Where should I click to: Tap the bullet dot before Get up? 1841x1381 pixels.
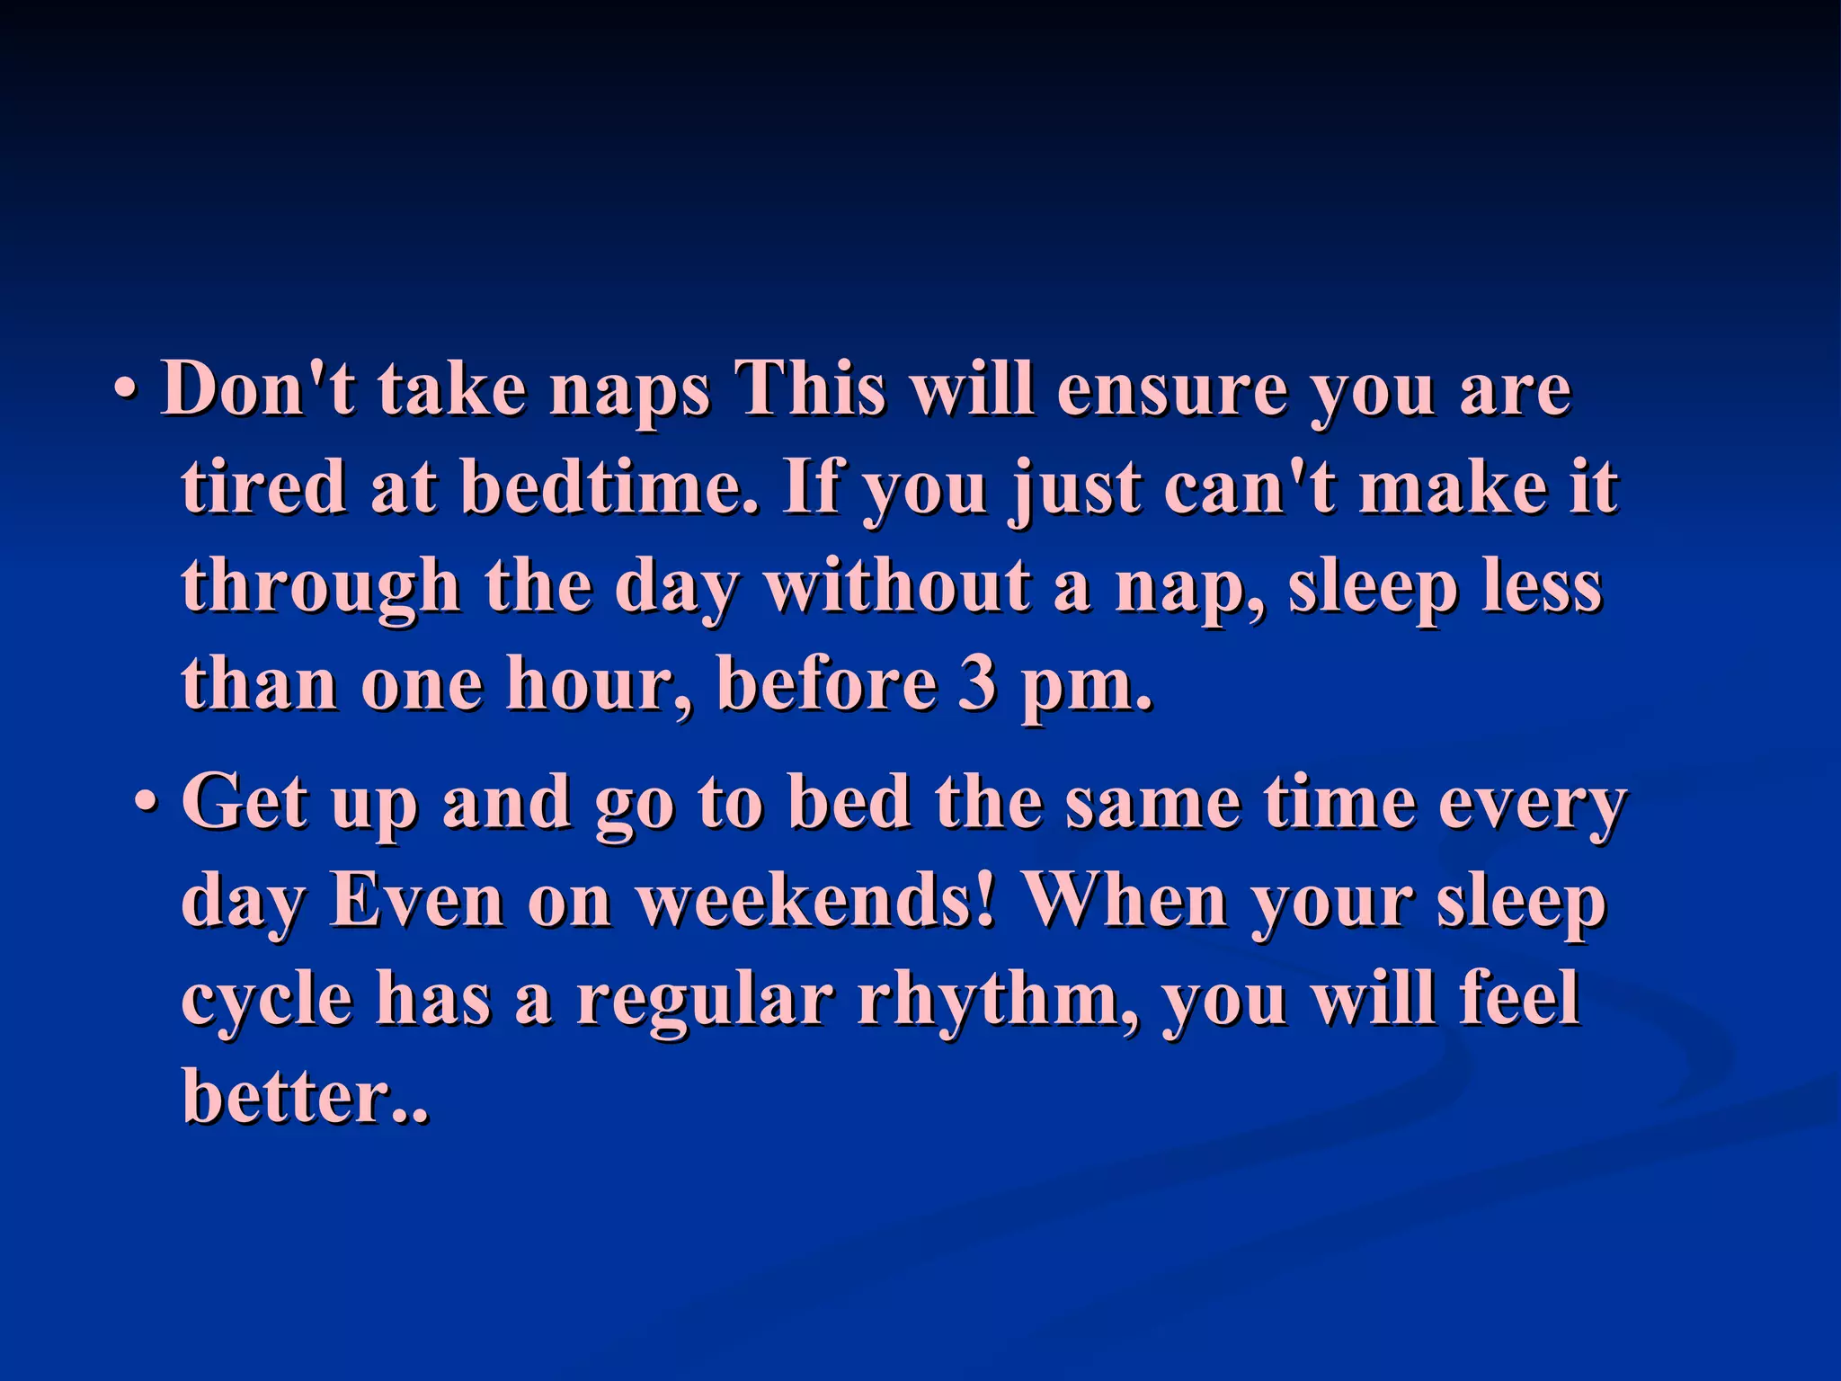pos(147,800)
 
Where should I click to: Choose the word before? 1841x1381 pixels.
pos(826,683)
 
